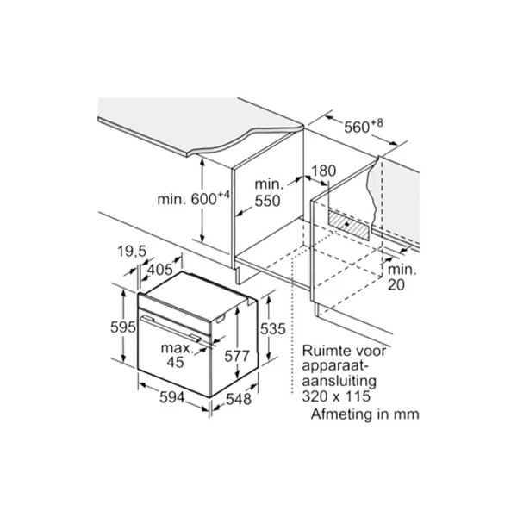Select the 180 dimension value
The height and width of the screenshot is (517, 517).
pos(323,171)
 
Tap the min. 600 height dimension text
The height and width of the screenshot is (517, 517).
pos(193,198)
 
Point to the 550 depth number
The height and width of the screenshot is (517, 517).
pos(268,201)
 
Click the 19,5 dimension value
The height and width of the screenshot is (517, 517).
pos(132,252)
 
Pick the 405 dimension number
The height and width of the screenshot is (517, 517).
pos(159,270)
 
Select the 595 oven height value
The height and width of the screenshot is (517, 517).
pos(123,327)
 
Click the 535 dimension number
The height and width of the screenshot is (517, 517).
pos(272,329)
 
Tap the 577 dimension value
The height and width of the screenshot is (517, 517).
pos(237,356)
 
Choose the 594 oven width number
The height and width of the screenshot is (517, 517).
pos(172,397)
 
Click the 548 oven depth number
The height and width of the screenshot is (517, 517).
pos(239,399)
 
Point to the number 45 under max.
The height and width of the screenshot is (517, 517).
pos(175,363)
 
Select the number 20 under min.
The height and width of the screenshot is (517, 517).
pos(396,284)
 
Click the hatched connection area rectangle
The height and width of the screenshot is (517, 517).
pos(348,225)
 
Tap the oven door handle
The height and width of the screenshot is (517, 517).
pos(171,327)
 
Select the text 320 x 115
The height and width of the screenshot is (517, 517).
pos(336,396)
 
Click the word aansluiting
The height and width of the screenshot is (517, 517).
pos(339,382)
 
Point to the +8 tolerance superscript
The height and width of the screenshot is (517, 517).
pos(377,123)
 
